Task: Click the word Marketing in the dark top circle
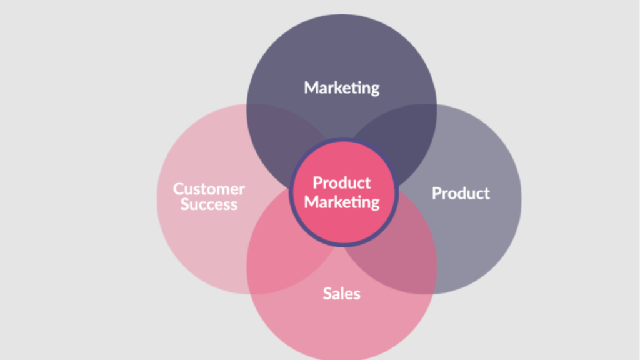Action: [x=341, y=87]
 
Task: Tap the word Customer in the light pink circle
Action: [x=209, y=188]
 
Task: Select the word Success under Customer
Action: [x=209, y=204]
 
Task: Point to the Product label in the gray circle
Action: [x=461, y=193]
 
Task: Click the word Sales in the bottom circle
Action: [x=341, y=292]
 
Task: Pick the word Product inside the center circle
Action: [x=341, y=182]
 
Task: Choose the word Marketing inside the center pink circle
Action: [x=341, y=202]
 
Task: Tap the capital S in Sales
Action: [x=327, y=292]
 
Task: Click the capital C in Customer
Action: [x=178, y=188]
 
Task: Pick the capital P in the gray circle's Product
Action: [x=436, y=193]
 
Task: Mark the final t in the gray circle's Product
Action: [x=487, y=193]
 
